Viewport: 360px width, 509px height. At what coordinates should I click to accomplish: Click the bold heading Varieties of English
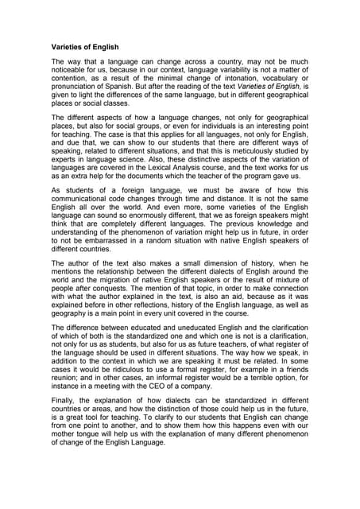[x=86, y=46]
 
